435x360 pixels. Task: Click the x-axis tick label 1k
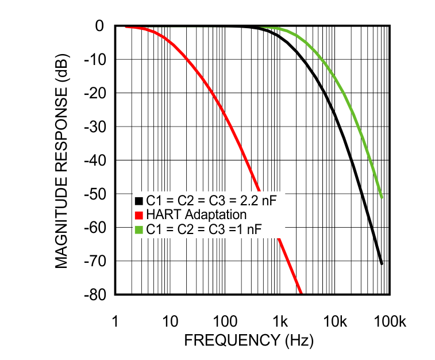280,321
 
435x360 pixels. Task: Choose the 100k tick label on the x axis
390,321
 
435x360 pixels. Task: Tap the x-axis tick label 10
170,321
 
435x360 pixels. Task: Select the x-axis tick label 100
225,321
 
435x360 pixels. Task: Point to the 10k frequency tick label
335,321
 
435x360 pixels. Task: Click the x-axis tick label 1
115,321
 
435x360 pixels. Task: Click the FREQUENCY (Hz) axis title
249,340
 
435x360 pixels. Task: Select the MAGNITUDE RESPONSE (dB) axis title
63,160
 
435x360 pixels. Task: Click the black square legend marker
138,201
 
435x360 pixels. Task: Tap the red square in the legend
138,215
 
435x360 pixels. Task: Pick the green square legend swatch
138,229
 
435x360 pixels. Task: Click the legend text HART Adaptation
196,215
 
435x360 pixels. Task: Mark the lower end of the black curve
382,264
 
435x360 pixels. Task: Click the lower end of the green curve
382,198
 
